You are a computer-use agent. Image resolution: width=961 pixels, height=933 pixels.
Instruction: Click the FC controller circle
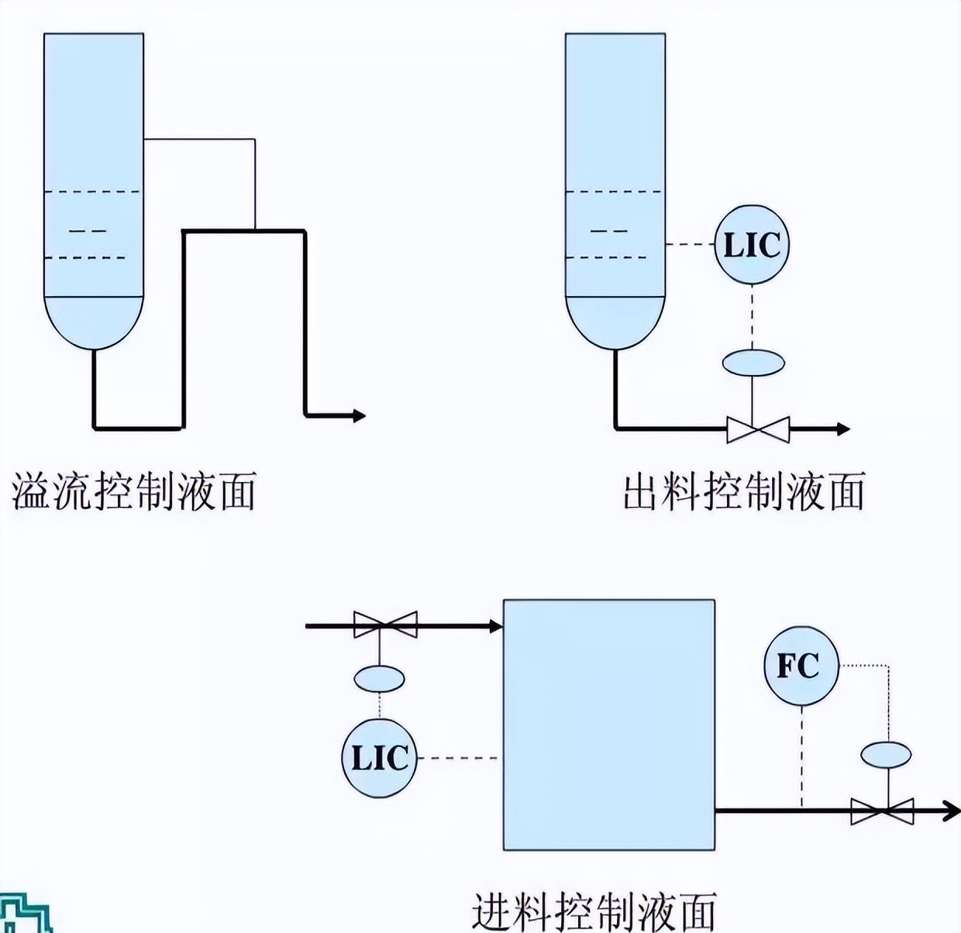click(x=802, y=666)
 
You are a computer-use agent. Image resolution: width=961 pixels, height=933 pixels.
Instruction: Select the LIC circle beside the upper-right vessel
click(x=751, y=245)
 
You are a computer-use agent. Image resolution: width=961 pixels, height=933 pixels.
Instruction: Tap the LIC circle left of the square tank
click(x=379, y=758)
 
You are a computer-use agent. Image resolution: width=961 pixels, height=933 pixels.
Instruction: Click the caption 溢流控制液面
click(x=133, y=491)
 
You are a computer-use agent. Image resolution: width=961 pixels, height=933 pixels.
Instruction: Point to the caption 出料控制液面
click(x=743, y=491)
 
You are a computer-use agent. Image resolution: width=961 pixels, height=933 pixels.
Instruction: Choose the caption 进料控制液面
click(x=594, y=911)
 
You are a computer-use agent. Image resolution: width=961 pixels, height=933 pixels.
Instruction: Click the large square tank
click(x=609, y=725)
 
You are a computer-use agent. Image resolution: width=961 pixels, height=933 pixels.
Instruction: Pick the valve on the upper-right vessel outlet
click(x=758, y=429)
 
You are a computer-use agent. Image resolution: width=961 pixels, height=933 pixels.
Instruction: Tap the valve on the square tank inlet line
click(x=385, y=625)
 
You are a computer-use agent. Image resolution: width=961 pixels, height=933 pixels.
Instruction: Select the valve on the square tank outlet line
click(x=882, y=811)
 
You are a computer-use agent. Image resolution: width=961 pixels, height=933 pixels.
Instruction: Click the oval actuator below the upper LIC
click(x=753, y=362)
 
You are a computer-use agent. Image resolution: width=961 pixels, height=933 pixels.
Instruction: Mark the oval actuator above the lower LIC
click(x=380, y=679)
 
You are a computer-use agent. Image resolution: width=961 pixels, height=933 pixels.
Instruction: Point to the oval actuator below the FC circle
click(x=885, y=754)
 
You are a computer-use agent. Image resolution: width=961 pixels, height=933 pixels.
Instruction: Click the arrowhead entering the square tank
click(x=495, y=625)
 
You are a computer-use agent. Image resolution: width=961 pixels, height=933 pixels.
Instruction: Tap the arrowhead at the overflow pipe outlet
click(x=358, y=416)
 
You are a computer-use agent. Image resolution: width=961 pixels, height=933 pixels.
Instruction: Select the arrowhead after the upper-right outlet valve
click(x=842, y=429)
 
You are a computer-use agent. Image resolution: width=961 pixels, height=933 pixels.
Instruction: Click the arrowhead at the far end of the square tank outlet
click(x=952, y=811)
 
